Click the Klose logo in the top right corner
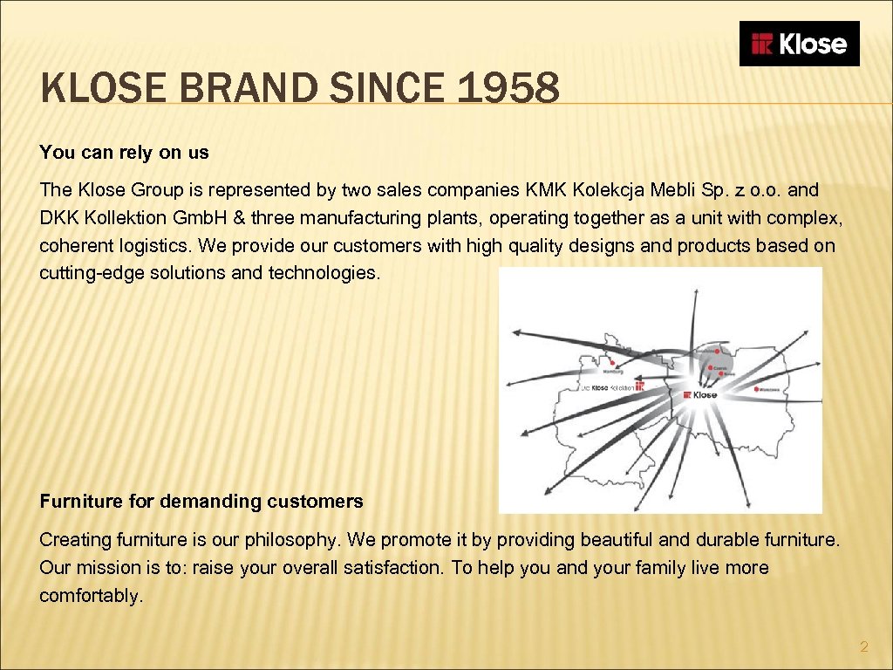(x=799, y=44)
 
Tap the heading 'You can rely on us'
(x=124, y=153)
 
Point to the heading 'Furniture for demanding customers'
(x=201, y=502)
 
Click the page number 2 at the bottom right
(x=864, y=646)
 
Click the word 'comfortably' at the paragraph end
(x=89, y=598)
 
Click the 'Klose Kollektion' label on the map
(x=610, y=387)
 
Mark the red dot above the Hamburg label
(x=615, y=361)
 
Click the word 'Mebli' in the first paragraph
(x=686, y=190)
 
